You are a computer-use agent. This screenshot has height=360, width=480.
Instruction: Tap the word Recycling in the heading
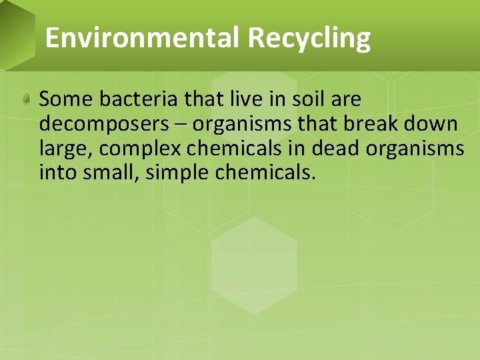coord(309,38)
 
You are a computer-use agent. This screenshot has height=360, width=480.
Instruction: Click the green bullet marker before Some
coord(26,99)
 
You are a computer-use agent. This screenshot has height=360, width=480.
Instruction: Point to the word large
coord(63,149)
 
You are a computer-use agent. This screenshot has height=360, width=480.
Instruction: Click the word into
coord(57,173)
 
